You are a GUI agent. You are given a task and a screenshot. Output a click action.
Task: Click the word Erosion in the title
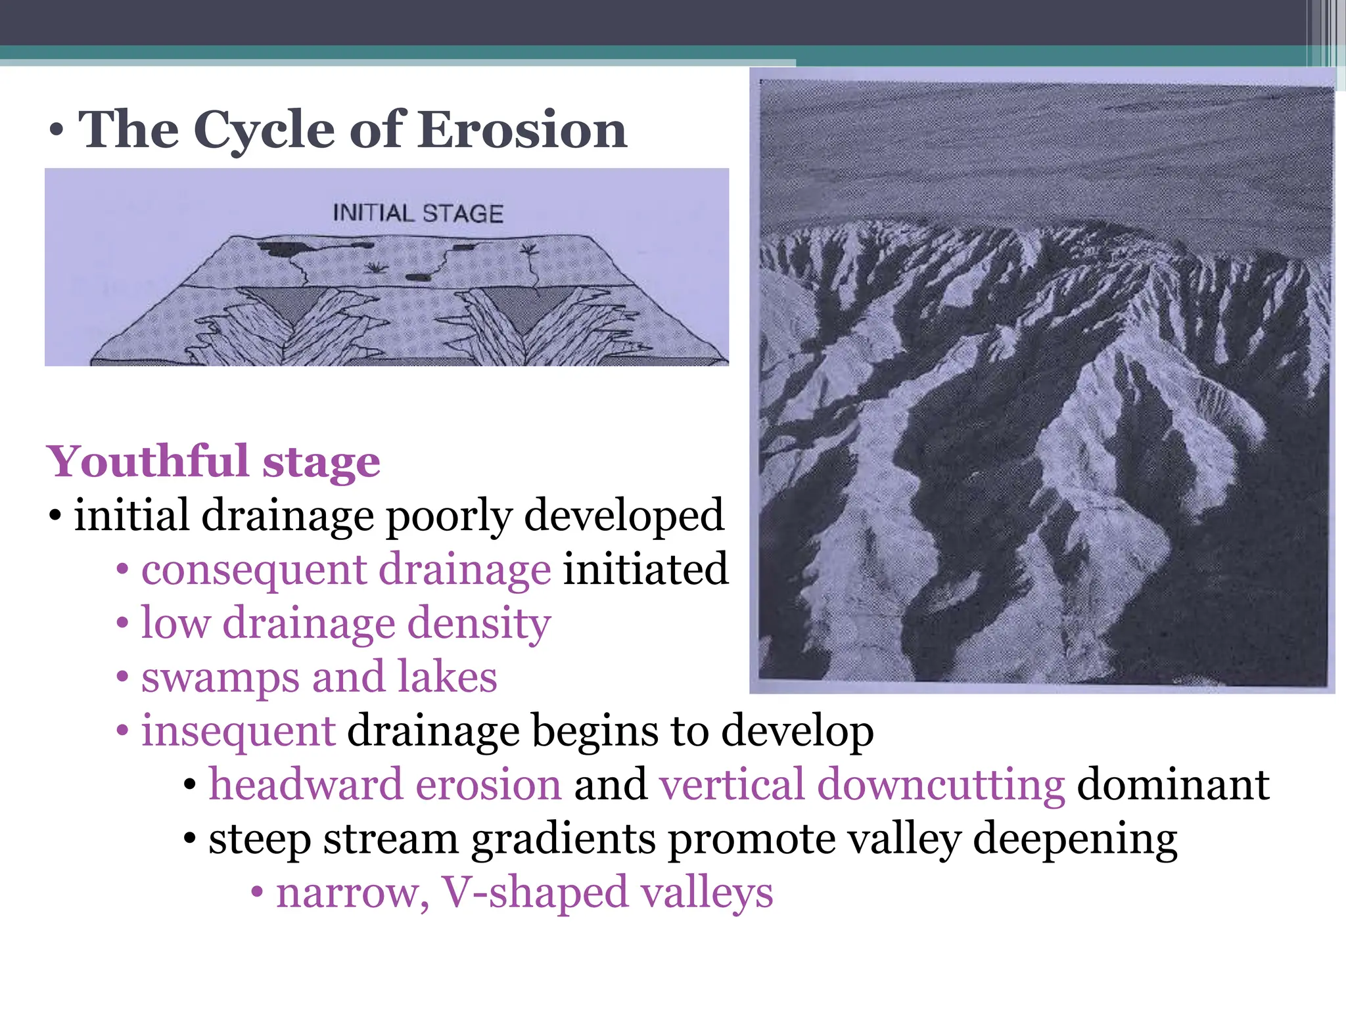[x=522, y=129]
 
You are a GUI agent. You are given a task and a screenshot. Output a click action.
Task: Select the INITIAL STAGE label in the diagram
[x=418, y=213]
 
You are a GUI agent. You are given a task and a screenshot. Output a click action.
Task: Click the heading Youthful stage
[x=214, y=461]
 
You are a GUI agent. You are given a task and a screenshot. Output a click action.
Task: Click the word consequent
[x=253, y=569]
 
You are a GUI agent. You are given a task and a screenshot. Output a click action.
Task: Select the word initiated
[x=645, y=569]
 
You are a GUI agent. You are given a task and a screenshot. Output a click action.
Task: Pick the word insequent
[x=239, y=730]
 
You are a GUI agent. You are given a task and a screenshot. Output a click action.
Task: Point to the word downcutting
[x=941, y=784]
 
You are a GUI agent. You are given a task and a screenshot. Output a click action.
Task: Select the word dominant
[x=1173, y=784]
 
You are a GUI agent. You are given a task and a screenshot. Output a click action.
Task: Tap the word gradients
[x=563, y=840]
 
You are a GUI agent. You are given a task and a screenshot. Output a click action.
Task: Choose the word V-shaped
[x=534, y=893]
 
